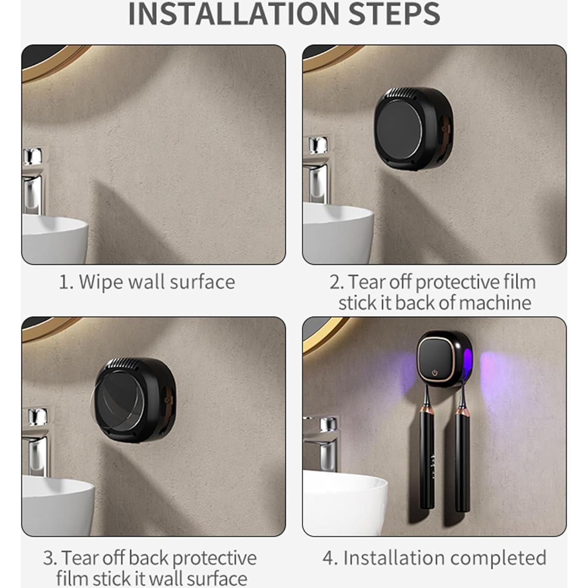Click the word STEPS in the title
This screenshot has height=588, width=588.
click(x=394, y=14)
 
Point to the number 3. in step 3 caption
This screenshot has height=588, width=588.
click(x=50, y=558)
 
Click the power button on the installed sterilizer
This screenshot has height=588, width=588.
click(x=434, y=373)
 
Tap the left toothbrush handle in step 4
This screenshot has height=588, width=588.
click(x=427, y=460)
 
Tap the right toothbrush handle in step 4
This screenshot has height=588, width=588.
click(x=462, y=460)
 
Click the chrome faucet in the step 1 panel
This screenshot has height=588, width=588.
click(x=33, y=180)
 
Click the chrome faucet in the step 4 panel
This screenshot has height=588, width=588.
click(x=324, y=442)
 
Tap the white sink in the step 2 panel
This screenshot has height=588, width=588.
click(x=337, y=232)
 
